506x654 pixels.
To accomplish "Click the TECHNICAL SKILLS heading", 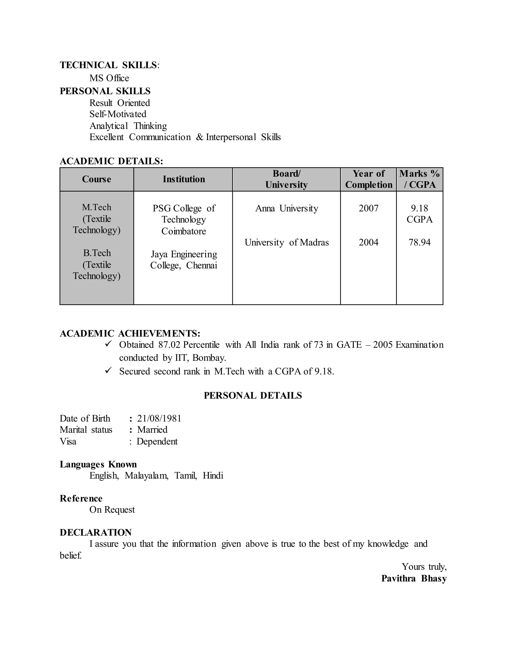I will click(109, 65).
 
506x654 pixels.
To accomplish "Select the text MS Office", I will click(109, 78).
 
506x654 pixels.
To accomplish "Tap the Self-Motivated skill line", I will click(118, 114).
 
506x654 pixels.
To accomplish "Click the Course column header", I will click(97, 179).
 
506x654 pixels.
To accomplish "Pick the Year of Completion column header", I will click(368, 179).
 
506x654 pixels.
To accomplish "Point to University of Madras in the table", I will click(287, 242).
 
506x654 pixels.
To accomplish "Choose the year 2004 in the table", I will click(368, 242).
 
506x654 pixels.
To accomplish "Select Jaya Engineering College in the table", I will click(184, 260).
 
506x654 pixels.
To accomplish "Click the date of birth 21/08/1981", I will click(159, 418).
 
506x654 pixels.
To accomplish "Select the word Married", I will click(152, 430).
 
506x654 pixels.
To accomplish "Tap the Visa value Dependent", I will click(157, 442).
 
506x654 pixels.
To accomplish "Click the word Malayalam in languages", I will click(146, 476).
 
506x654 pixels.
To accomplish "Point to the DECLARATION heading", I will click(96, 532).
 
